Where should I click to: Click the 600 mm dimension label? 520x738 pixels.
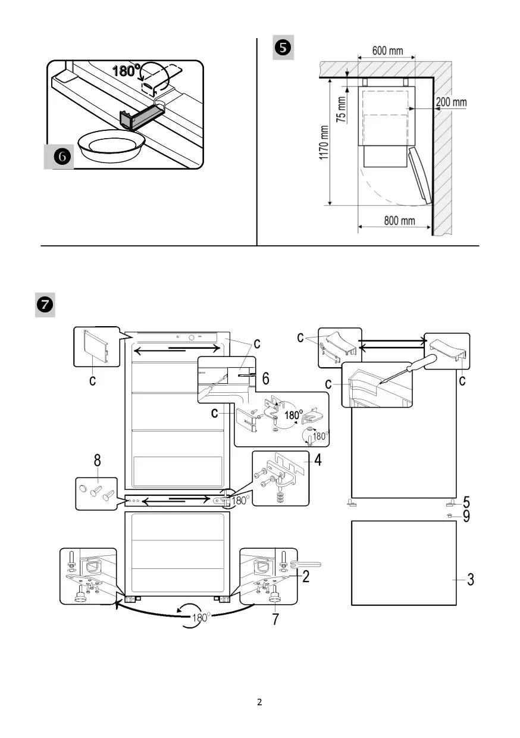(387, 51)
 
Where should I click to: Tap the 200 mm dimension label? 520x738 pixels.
(451, 102)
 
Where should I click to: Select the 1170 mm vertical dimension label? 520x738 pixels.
(324, 142)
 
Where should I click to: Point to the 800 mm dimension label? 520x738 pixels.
(399, 220)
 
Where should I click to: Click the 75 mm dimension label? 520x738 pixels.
(341, 109)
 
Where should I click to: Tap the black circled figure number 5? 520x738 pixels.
(283, 48)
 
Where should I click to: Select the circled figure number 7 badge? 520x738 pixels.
(45, 305)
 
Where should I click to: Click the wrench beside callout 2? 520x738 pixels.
(306, 565)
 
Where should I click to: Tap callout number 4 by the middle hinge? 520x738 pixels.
(318, 460)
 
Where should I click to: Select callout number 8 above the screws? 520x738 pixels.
(97, 460)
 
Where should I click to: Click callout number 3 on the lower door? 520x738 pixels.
(471, 580)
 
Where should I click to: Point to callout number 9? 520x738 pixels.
(466, 516)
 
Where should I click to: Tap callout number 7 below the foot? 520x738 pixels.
(275, 619)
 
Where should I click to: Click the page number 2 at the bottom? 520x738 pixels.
(259, 702)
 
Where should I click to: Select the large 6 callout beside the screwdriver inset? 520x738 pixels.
(265, 379)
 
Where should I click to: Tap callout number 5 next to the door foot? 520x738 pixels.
(466, 502)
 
